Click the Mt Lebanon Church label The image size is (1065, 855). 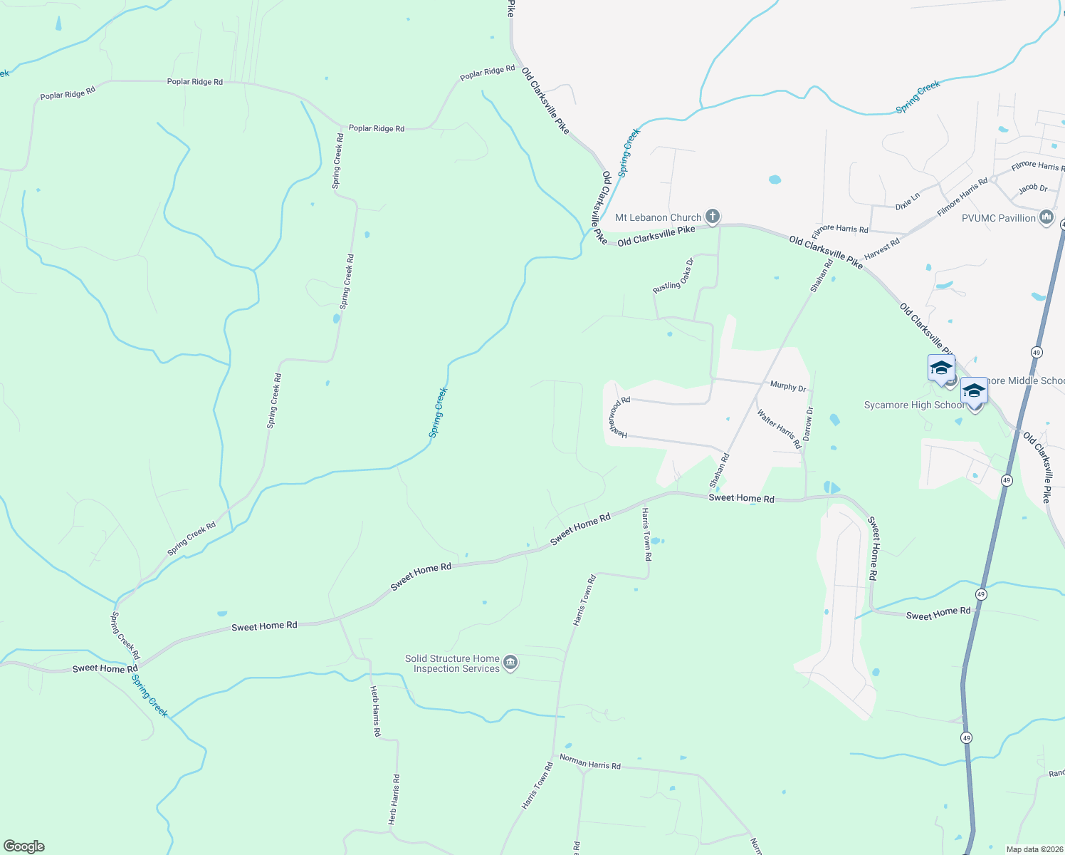click(658, 217)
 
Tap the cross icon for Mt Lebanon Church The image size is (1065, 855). click(712, 217)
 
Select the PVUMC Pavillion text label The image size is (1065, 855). click(998, 218)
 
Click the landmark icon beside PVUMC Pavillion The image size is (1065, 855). click(1046, 217)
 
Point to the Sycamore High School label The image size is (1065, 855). click(914, 405)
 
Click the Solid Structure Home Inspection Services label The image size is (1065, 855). click(452, 663)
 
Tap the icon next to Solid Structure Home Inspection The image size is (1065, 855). click(510, 663)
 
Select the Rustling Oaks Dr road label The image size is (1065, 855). click(673, 276)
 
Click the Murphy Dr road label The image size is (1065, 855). click(788, 386)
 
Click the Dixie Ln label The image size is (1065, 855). click(908, 201)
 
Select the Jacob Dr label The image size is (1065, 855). click(1032, 189)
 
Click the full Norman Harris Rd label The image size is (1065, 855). click(589, 762)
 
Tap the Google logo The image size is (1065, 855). click(24, 846)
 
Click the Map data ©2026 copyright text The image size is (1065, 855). click(1033, 849)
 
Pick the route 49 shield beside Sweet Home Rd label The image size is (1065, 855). click(981, 594)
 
